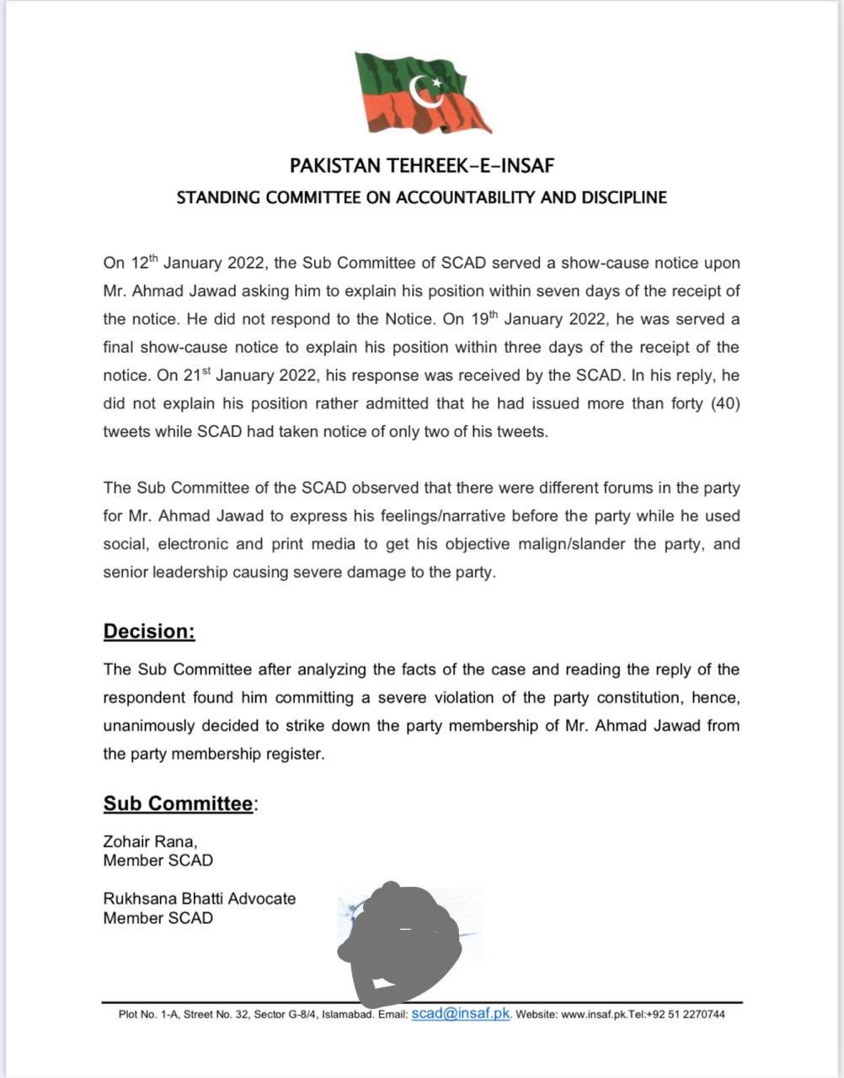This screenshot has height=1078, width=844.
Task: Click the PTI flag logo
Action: pos(422,93)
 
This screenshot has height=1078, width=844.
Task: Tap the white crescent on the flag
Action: pos(428,89)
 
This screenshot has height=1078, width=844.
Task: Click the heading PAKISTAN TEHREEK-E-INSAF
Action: pos(422,165)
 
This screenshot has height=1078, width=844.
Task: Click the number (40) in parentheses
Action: pos(725,403)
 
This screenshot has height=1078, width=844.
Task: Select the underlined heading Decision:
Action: pos(149,632)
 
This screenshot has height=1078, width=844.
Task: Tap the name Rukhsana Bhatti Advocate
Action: pos(200,899)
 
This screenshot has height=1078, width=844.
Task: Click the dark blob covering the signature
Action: pos(400,935)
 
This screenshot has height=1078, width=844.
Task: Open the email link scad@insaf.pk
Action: pos(461,1013)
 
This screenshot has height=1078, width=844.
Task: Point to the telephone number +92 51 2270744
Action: pos(684,1015)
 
